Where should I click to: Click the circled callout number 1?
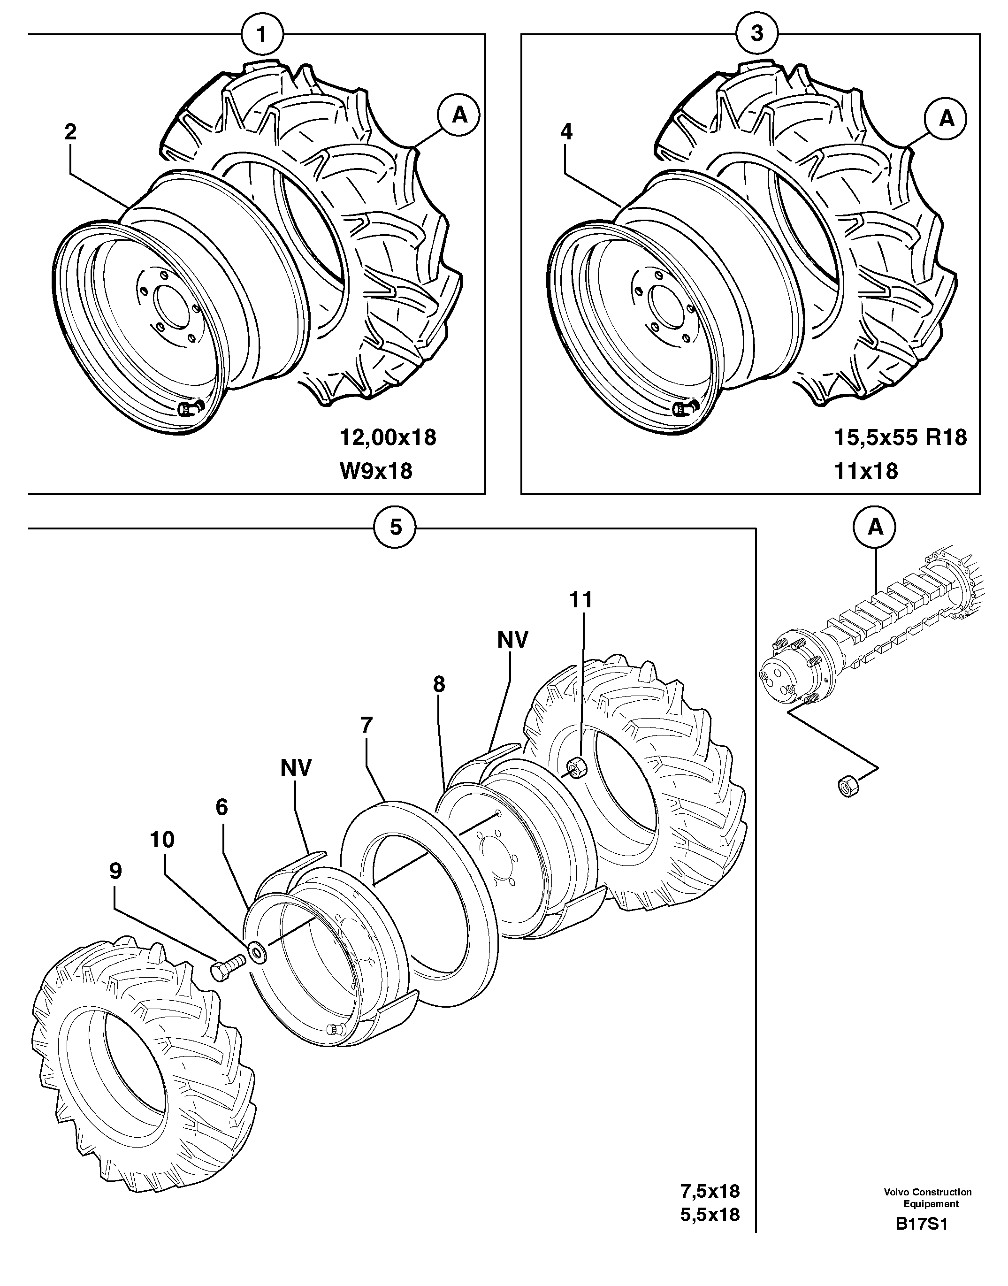point(262,34)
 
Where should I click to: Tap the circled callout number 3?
point(757,34)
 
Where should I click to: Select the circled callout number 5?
point(396,527)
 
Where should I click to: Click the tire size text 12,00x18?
point(388,437)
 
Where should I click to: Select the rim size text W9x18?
point(376,471)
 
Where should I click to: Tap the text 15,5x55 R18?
point(900,437)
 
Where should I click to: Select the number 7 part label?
point(367,725)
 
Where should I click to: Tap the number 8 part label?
point(438,685)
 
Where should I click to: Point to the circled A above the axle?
point(875,527)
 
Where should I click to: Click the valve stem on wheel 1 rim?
point(190,408)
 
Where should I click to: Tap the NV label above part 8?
point(512,639)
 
